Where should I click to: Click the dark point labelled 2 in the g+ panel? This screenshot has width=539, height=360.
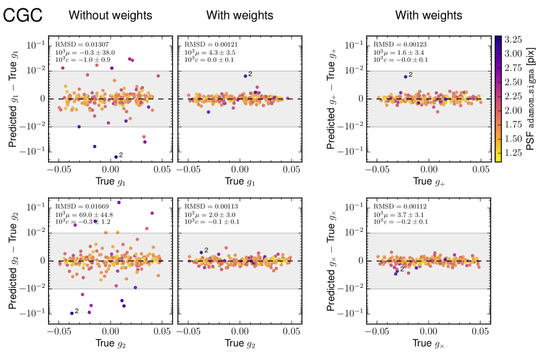[405, 77]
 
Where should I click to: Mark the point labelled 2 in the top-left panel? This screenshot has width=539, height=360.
[116, 157]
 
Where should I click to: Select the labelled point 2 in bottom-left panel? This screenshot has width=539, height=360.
[71, 313]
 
